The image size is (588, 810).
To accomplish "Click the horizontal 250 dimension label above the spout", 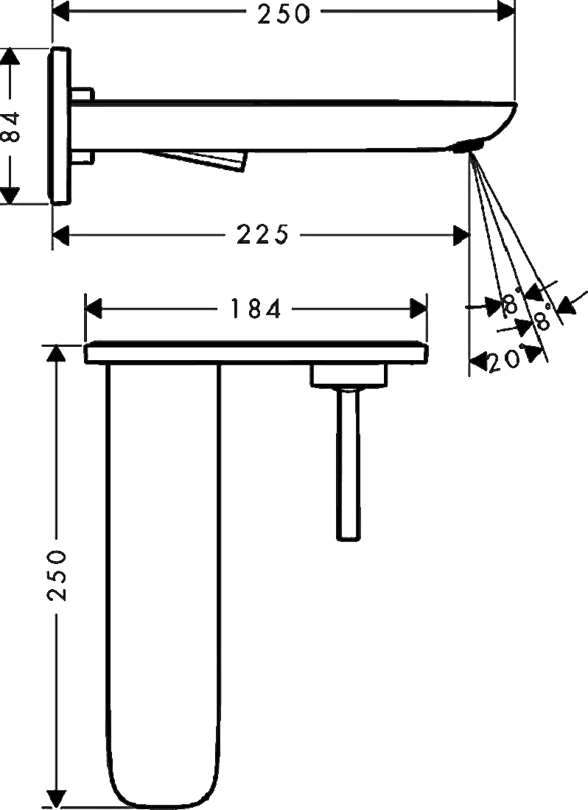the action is tap(284, 13).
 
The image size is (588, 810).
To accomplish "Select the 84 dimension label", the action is tap(11, 126).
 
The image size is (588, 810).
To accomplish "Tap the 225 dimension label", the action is tap(262, 235).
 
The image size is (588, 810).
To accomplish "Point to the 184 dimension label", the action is tap(255, 309).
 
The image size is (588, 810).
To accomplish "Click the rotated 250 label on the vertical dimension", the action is tap(56, 575).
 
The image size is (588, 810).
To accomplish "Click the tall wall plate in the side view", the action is tap(59, 126).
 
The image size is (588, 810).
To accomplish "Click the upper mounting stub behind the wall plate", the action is tap(83, 94).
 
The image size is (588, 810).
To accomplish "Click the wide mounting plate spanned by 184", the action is tap(256, 353).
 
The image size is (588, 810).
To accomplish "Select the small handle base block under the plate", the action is tap(349, 375).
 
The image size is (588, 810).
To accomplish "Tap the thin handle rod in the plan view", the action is tap(349, 463).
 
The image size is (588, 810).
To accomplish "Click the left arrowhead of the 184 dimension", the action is tap(93, 309).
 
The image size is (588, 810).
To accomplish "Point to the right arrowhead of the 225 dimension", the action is tap(461, 236).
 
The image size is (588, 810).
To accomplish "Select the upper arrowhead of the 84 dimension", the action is tap(10, 56).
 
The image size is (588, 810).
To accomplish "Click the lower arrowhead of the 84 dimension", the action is tap(10, 195).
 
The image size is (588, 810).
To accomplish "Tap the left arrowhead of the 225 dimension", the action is tap(61, 236).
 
